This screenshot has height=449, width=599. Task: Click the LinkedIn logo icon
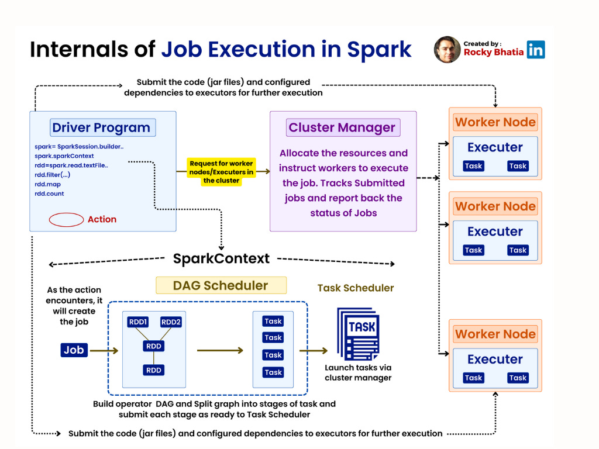click(535, 49)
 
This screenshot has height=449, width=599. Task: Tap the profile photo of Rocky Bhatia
click(447, 50)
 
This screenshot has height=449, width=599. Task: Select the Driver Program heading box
click(101, 127)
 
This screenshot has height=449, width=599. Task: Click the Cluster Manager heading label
click(342, 127)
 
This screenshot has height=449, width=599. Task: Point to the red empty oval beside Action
click(66, 220)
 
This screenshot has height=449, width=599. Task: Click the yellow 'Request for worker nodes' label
click(221, 172)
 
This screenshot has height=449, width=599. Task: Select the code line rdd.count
click(49, 194)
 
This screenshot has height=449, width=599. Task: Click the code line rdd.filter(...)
click(53, 175)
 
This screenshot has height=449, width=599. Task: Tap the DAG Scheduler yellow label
click(221, 285)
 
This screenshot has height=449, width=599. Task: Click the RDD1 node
click(139, 322)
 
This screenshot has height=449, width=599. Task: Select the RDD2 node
click(171, 322)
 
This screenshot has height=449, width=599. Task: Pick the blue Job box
click(74, 350)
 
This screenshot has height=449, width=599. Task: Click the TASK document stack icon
click(358, 334)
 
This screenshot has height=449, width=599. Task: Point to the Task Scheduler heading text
click(356, 288)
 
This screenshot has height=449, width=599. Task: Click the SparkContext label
click(221, 258)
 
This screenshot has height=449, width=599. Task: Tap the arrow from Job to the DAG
click(104, 351)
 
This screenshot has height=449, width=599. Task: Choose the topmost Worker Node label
click(495, 122)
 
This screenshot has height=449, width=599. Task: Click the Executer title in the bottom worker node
click(495, 359)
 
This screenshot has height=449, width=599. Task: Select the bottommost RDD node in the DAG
click(154, 370)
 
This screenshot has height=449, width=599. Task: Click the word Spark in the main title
click(380, 50)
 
